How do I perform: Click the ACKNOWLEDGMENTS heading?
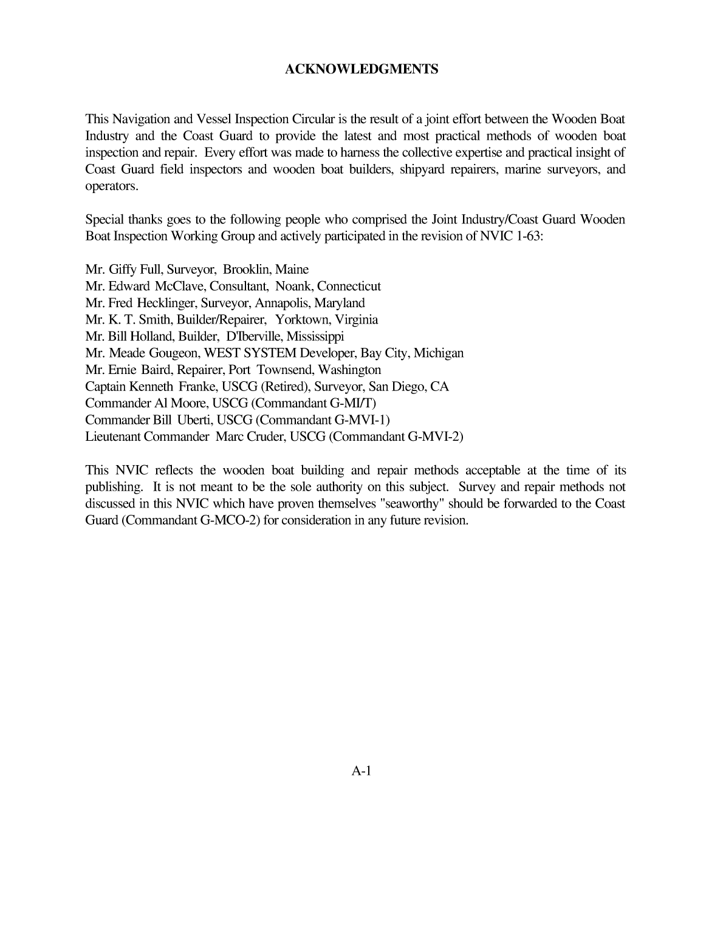(x=361, y=69)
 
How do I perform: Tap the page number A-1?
(x=361, y=771)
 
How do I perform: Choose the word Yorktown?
(x=301, y=319)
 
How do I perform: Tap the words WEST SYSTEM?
(x=250, y=353)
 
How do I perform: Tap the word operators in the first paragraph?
(x=112, y=186)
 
